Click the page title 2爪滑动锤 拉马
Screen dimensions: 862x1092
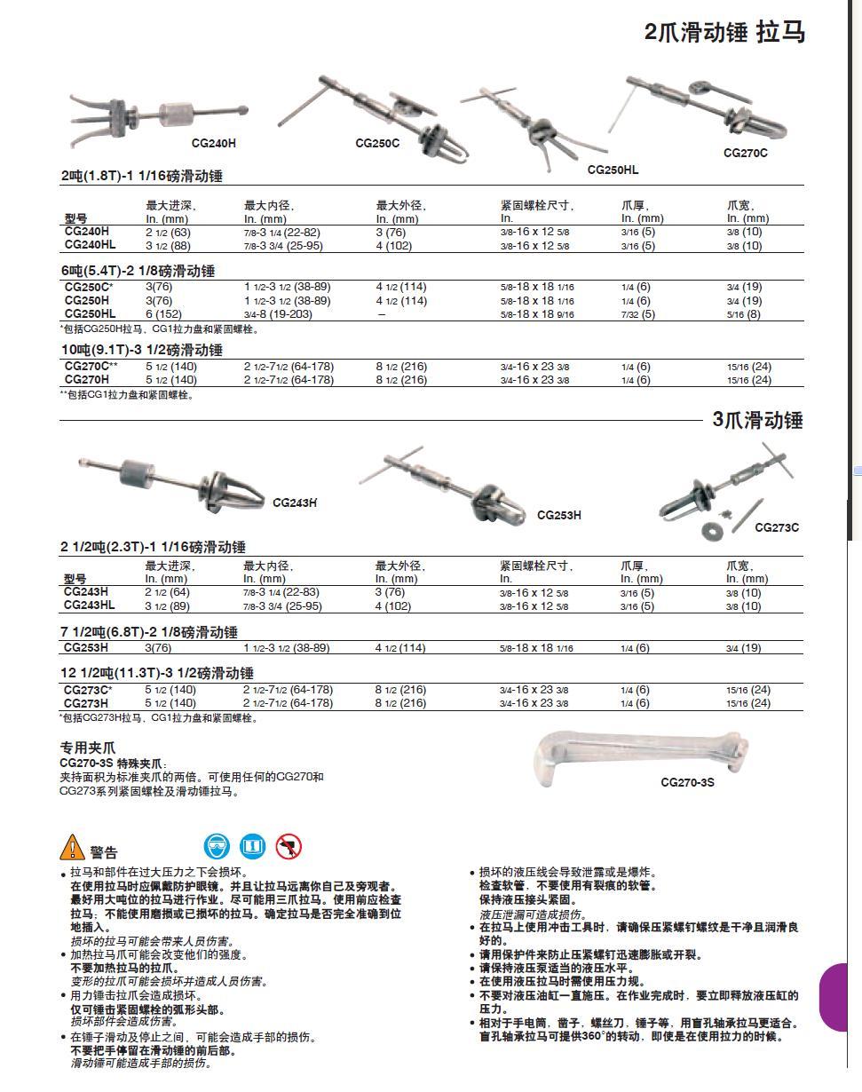click(724, 33)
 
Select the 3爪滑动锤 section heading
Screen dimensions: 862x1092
click(757, 421)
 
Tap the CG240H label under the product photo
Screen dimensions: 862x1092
click(214, 143)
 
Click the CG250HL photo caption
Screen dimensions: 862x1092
click(613, 170)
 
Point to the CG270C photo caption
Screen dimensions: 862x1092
click(746, 153)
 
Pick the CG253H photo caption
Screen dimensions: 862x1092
click(559, 515)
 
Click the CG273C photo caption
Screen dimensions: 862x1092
click(777, 527)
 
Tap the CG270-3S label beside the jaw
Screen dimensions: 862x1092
click(687, 782)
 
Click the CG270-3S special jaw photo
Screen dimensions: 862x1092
click(639, 752)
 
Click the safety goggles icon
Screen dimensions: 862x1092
click(216, 846)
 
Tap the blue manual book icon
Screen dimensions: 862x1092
click(253, 846)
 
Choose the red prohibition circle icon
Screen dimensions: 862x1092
click(289, 847)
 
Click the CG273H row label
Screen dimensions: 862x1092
click(86, 703)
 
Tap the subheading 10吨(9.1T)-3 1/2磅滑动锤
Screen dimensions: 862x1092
click(141, 350)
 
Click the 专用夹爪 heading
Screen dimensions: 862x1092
click(88, 748)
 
